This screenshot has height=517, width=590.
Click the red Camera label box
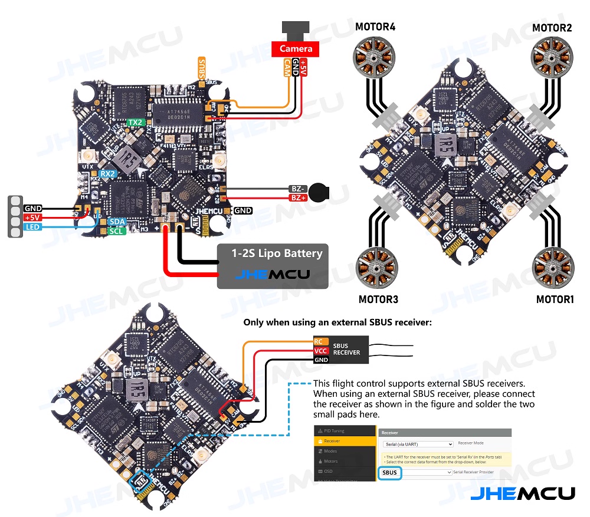coord(296,48)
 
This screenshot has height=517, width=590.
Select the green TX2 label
coord(136,123)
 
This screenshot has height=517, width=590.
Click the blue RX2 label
coord(107,174)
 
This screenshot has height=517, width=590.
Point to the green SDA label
coord(117,222)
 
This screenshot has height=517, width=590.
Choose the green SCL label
coord(117,231)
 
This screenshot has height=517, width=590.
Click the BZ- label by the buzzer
coord(297,189)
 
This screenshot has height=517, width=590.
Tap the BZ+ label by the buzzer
coord(297,199)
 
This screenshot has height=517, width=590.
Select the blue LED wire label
coord(32,227)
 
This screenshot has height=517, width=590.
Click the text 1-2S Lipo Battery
coord(277,253)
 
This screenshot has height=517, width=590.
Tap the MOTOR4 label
coord(375,27)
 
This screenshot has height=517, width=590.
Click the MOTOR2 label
coord(552,28)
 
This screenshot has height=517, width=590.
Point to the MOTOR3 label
coord(378,299)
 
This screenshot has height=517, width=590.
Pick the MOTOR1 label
coord(555,299)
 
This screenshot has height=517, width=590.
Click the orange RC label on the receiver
coord(319,341)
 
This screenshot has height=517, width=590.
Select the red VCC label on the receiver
coord(320,351)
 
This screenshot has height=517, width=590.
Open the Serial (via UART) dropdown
coord(417,444)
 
